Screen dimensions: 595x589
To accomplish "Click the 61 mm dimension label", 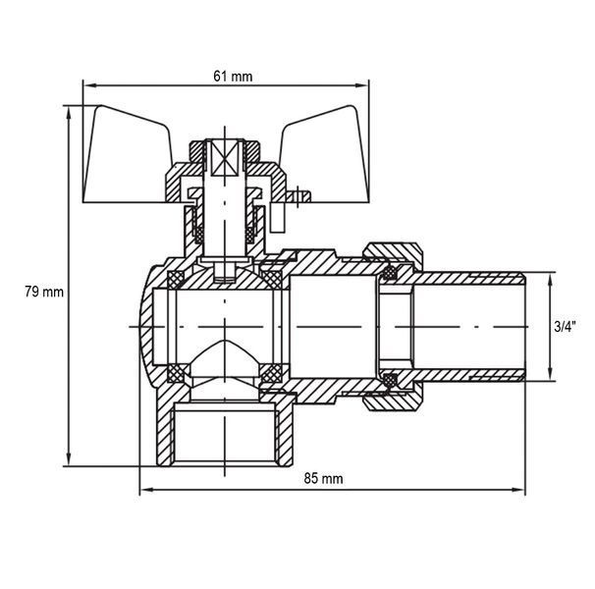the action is coord(233,77).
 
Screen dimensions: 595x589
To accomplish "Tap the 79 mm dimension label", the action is coord(44,292).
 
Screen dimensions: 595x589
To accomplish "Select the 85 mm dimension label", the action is coord(323,479).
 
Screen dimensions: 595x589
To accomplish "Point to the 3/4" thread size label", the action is coord(565,326).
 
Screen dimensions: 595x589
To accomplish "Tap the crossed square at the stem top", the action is coord(225,158).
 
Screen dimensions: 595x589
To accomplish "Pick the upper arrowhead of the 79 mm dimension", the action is coord(69,112).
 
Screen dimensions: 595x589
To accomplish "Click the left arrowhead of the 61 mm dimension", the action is coord(89,85).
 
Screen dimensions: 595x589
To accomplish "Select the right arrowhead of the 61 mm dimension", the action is coord(362,85).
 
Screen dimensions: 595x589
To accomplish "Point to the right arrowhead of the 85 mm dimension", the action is coord(518,490).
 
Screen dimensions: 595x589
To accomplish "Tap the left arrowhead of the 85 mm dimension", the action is coord(146,490).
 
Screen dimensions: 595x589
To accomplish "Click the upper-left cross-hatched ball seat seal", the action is coord(176,280).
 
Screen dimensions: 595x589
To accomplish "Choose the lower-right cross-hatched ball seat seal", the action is coord(272,373).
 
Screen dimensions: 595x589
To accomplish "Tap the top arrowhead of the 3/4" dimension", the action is coord(549,279).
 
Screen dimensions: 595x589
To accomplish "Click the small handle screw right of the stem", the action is coord(297,196).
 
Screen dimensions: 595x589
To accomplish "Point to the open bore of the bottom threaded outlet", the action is coord(225,436).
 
